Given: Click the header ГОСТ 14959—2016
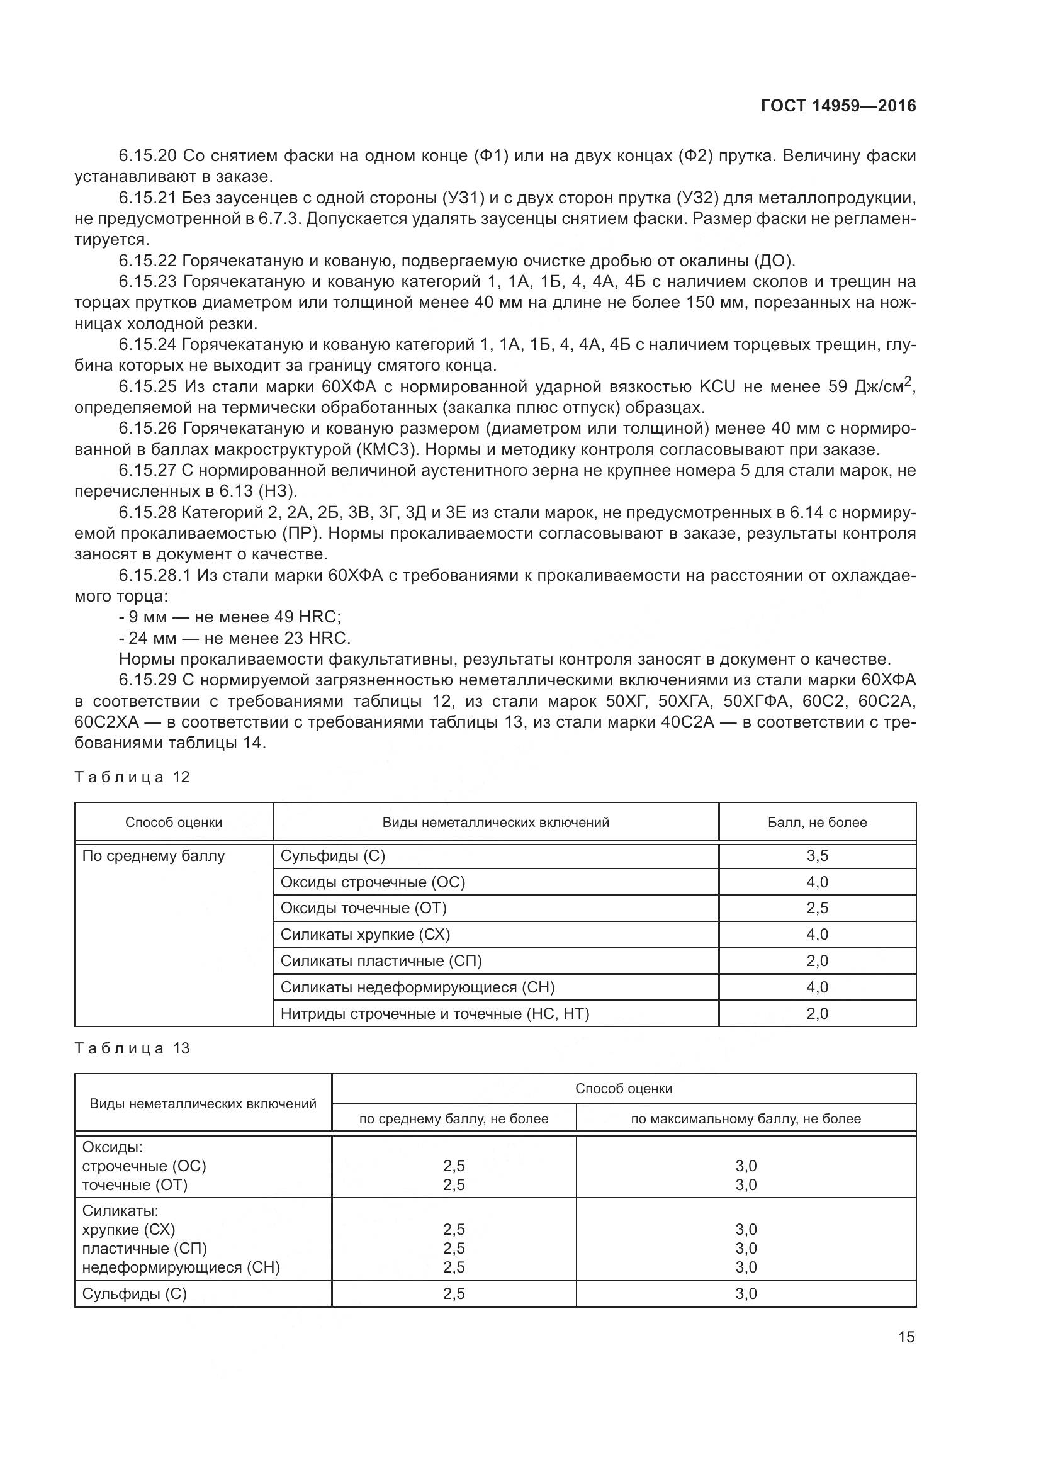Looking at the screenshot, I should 838,106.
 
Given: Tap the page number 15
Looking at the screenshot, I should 906,1337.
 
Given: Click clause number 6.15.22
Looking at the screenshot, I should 149,261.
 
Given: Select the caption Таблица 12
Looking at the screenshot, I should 133,777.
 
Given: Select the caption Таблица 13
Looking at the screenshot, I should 133,1048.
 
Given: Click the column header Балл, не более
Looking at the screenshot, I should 818,822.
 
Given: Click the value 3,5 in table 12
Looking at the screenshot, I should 818,855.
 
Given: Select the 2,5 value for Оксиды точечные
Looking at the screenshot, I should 818,908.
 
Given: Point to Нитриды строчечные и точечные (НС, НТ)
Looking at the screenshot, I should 435,1013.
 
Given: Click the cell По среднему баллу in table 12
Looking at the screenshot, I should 154,855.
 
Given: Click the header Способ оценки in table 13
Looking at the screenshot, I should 624,1088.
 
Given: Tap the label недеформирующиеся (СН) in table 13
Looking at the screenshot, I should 181,1267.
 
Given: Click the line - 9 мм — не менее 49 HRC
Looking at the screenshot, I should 230,617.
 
